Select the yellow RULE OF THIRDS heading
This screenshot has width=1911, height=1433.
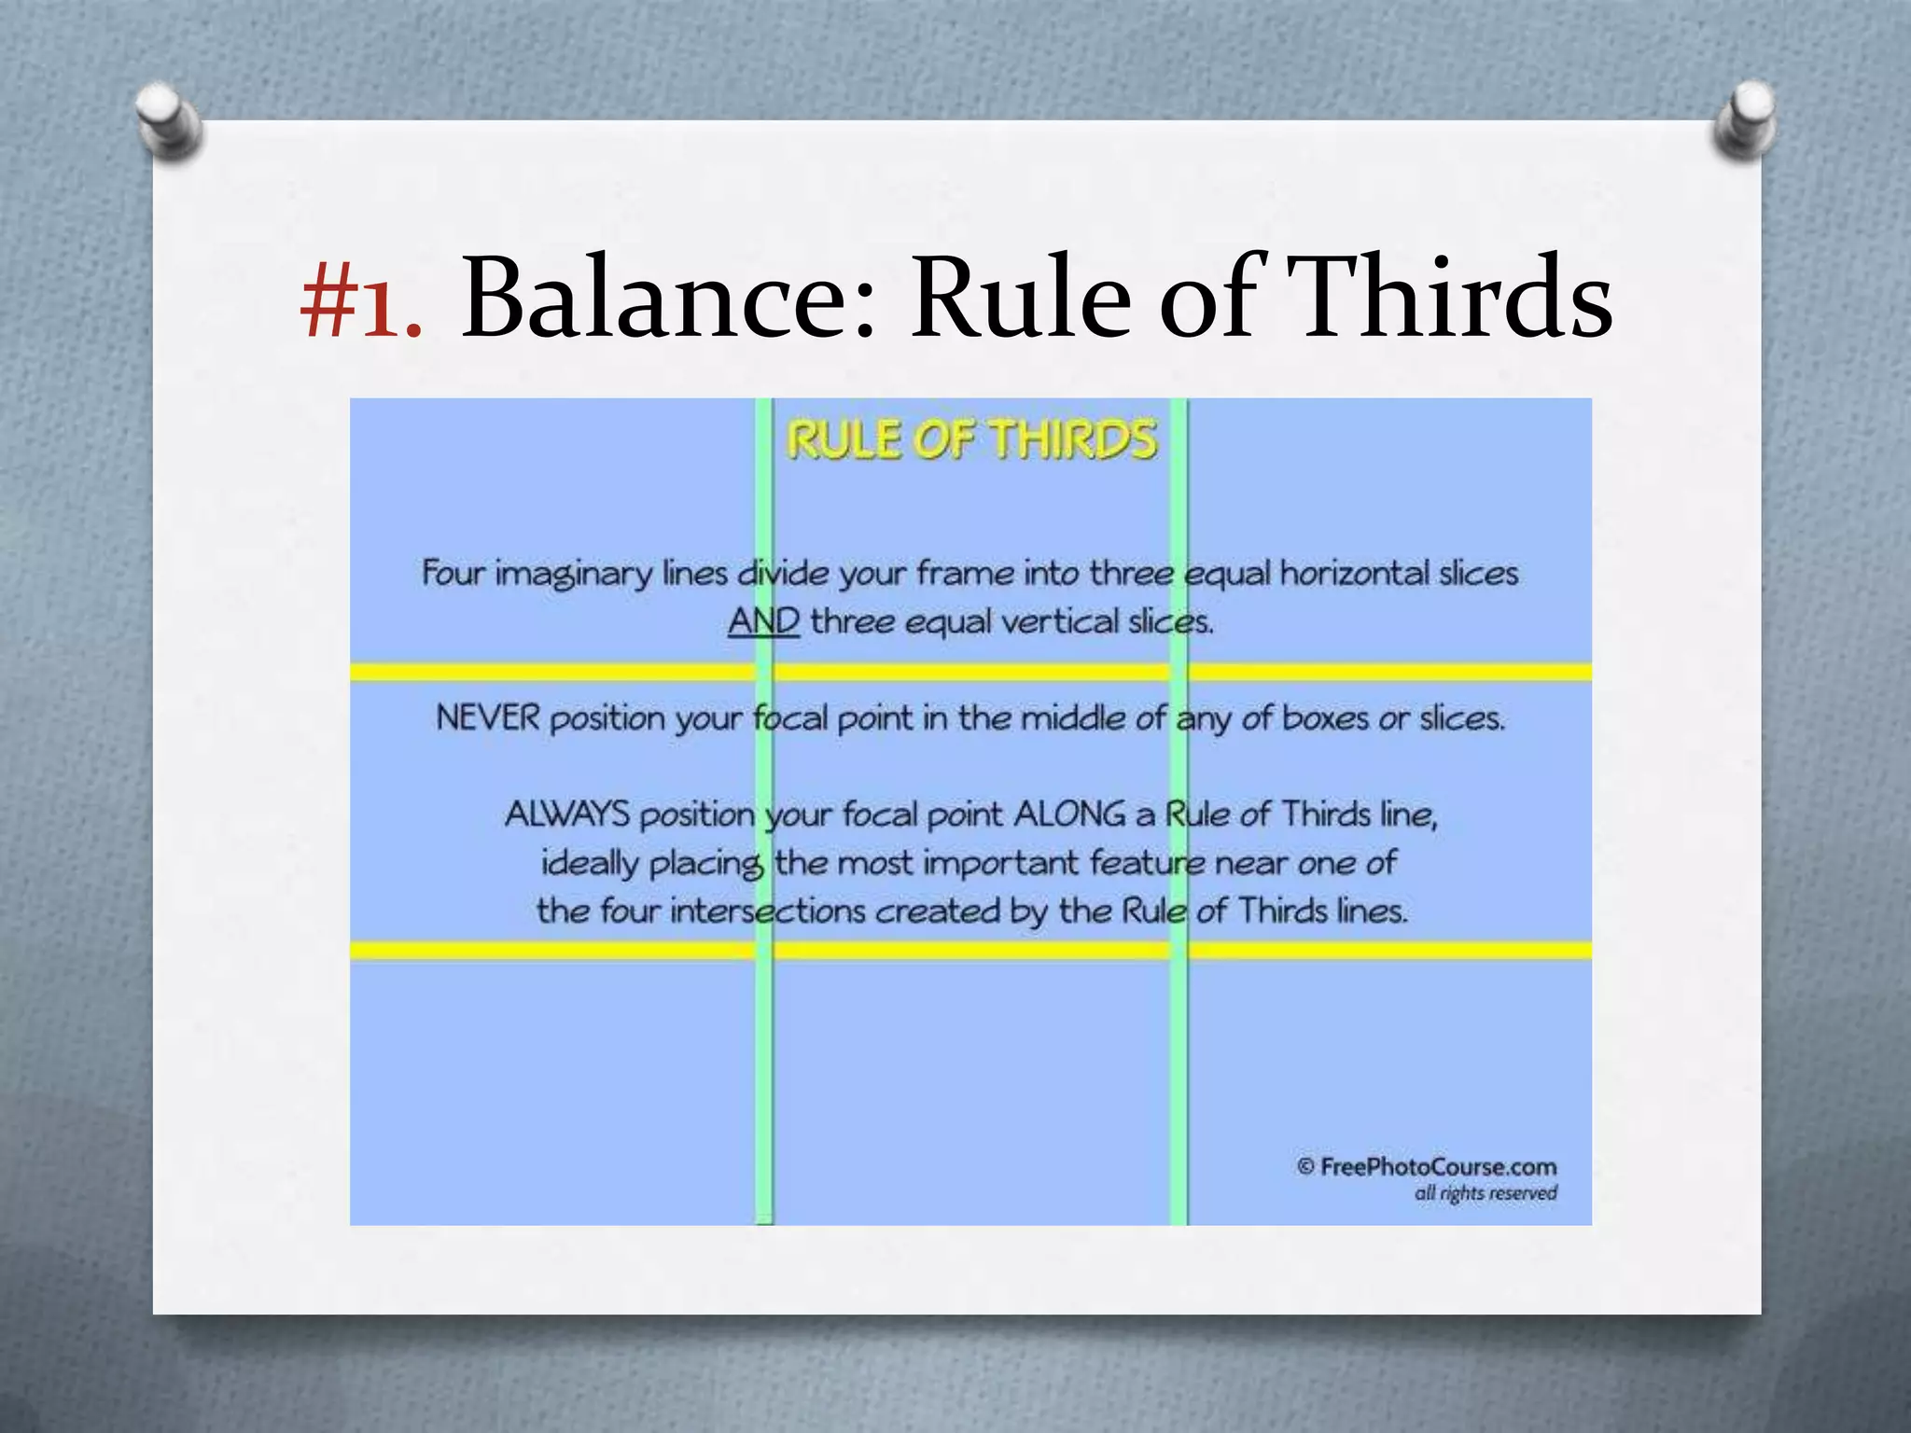point(971,440)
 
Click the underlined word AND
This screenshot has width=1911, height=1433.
point(763,621)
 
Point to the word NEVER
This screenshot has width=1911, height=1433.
point(488,718)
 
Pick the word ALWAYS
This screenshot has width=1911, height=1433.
point(567,814)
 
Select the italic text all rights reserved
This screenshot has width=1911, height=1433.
point(1486,1193)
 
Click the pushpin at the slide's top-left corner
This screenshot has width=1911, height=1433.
point(167,121)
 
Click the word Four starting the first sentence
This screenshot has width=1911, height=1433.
point(453,573)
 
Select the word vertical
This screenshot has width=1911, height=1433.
point(1061,621)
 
